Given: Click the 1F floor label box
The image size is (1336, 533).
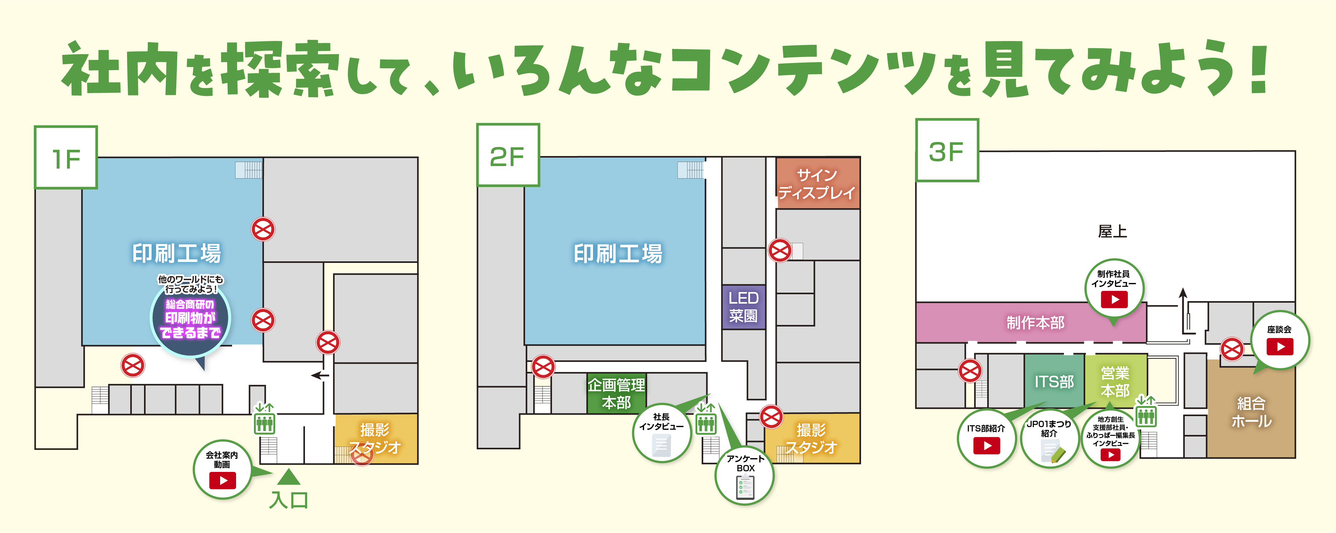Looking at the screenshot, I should (66, 157).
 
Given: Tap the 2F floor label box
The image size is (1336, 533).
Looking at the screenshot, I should (508, 155).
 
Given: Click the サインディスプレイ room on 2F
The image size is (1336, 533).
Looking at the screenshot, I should (818, 183).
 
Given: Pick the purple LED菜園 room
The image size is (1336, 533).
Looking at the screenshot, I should (744, 307).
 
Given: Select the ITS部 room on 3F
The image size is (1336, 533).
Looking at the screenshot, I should (1054, 381).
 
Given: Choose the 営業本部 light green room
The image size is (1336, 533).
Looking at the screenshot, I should (1115, 381).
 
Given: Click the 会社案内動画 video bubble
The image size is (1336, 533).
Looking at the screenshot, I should (223, 470).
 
